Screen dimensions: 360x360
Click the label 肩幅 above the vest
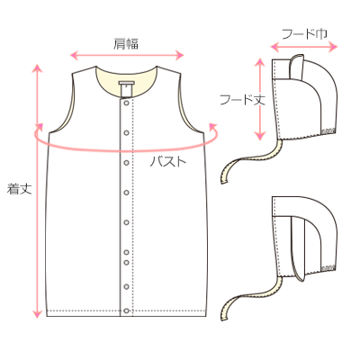(x=126, y=44)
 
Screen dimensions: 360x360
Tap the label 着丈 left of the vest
(x=20, y=189)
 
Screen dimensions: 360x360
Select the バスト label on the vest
(x=168, y=162)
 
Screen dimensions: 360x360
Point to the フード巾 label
(x=304, y=34)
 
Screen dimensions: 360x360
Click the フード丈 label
(x=242, y=99)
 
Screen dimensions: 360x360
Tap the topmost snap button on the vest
(x=126, y=103)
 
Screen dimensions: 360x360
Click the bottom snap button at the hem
(x=126, y=310)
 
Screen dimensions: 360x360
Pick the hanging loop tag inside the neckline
(x=126, y=88)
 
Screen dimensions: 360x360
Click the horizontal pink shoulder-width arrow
(x=127, y=55)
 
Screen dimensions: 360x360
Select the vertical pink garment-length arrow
(x=37, y=191)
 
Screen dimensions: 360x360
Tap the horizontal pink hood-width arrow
(x=304, y=47)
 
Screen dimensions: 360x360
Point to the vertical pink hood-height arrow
(x=260, y=99)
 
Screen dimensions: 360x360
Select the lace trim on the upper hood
(x=328, y=130)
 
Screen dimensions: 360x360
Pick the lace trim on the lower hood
(x=328, y=267)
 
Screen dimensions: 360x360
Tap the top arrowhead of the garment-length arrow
(x=37, y=68)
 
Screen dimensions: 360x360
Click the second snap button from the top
(x=126, y=132)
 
